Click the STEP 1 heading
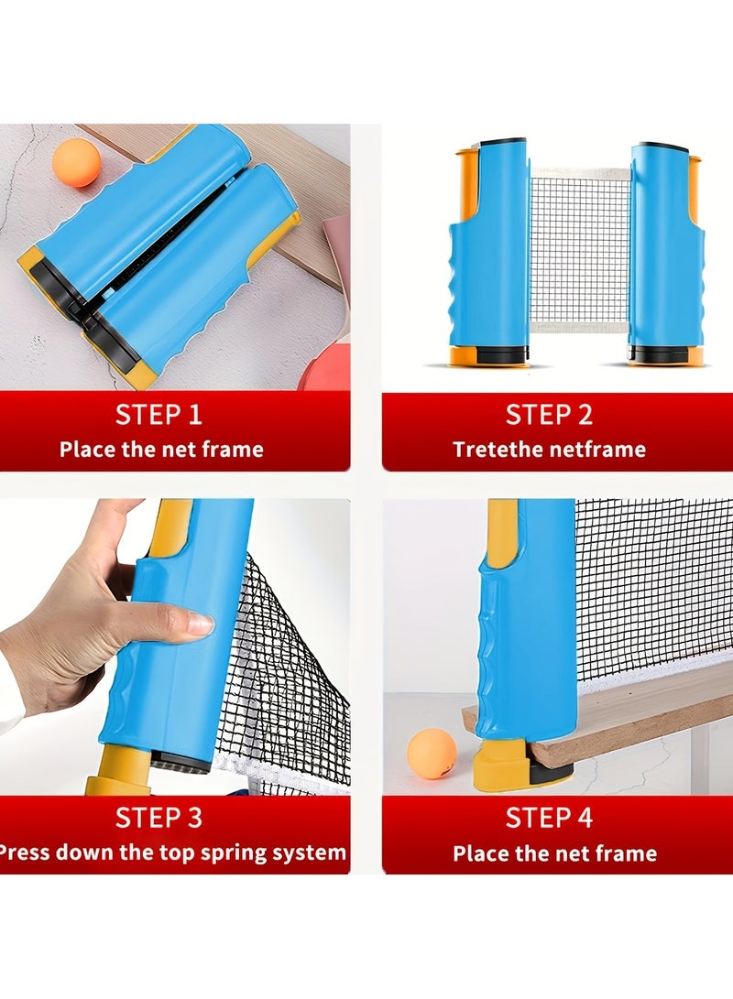pos(159,415)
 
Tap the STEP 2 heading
pos(549,415)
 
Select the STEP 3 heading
pos(159,817)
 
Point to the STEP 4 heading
pos(549,817)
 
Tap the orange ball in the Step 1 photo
pos(76,163)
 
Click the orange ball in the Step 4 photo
pos(432,754)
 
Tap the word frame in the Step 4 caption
pos(626,853)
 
